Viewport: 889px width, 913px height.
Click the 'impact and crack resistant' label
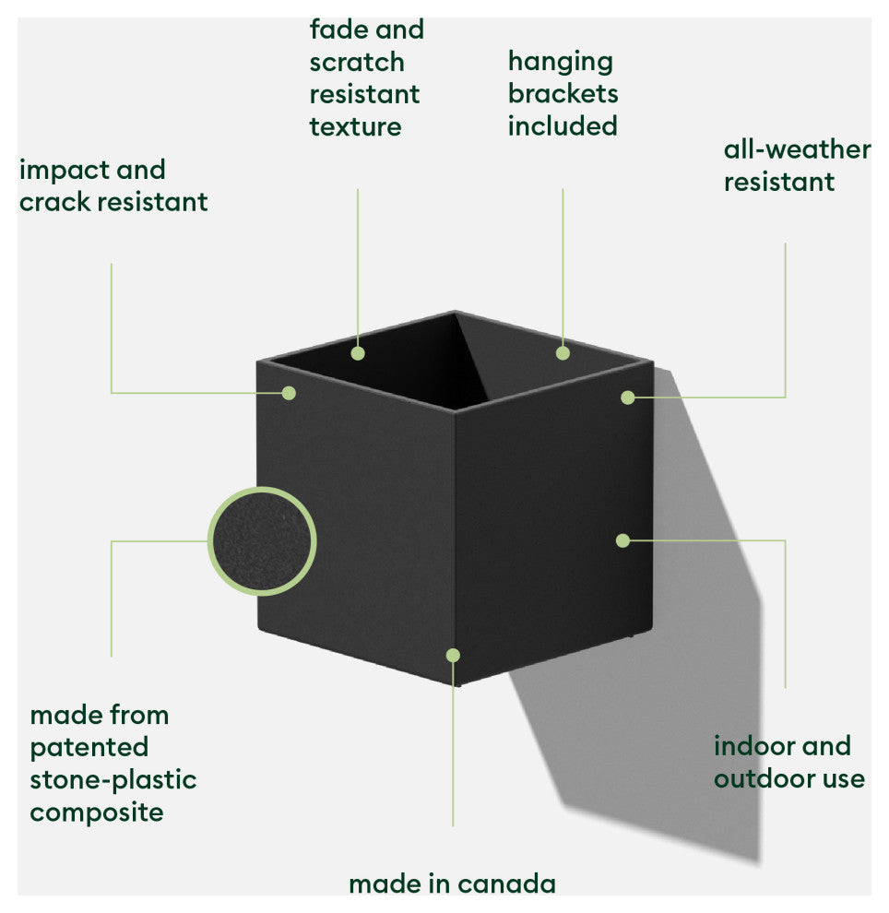113,185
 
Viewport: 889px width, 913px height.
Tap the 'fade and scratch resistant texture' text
365,77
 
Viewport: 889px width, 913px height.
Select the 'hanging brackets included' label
563,93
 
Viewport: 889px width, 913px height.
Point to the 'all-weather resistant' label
797,165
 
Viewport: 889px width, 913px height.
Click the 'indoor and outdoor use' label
788,762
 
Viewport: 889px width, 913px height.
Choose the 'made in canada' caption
452,883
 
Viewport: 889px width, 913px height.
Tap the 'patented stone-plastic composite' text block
113,763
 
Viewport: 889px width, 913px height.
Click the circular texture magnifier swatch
262,540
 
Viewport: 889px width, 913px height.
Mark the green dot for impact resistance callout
289,393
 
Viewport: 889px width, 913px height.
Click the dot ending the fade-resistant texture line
358,352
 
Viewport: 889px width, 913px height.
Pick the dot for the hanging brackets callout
563,352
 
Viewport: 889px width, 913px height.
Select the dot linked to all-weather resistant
628,397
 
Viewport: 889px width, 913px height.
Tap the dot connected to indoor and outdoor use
623,540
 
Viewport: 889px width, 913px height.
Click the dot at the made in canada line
453,655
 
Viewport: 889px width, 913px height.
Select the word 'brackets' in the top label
563,93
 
